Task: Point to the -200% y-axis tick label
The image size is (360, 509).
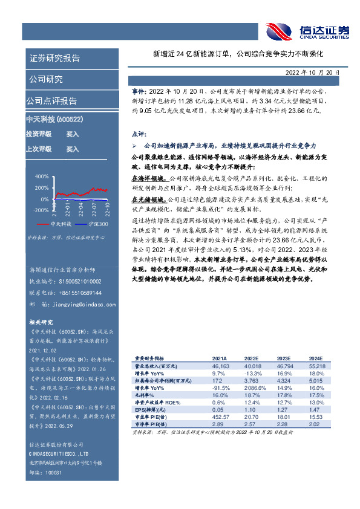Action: pyautogui.click(x=41, y=210)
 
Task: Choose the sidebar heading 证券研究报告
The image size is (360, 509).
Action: pyautogui.click(x=54, y=59)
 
